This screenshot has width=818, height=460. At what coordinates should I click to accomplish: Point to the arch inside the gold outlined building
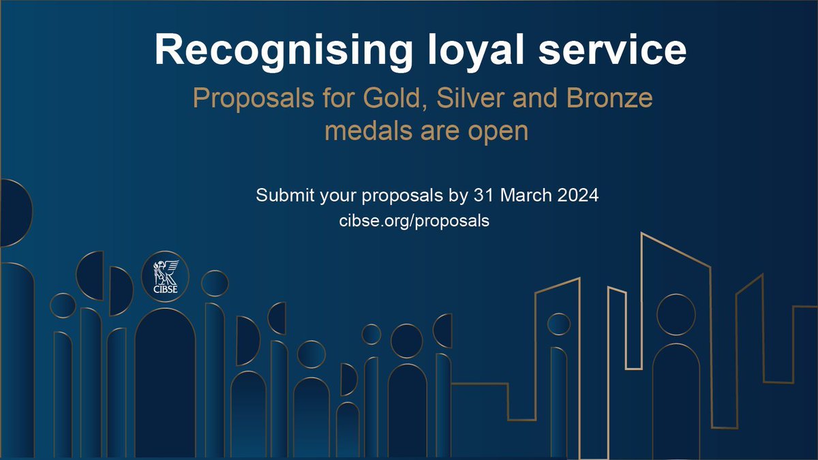coord(676,402)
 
